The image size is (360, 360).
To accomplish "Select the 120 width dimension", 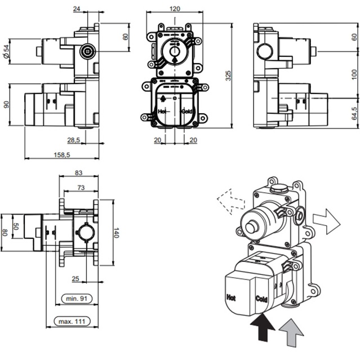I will [175, 9].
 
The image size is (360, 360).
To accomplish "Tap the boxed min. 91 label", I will [75, 297].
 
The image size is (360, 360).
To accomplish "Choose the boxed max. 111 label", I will [73, 321].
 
